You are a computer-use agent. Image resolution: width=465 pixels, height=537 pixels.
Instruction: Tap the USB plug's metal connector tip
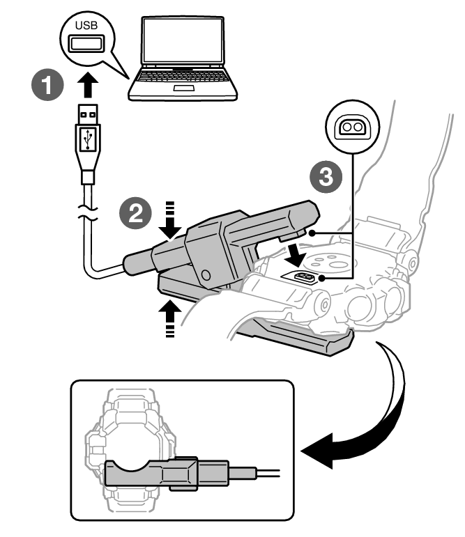click(x=86, y=113)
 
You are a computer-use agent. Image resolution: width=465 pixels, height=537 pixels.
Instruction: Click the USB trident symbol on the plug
click(x=86, y=140)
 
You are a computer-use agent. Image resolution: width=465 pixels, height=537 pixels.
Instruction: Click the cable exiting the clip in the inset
click(x=261, y=474)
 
